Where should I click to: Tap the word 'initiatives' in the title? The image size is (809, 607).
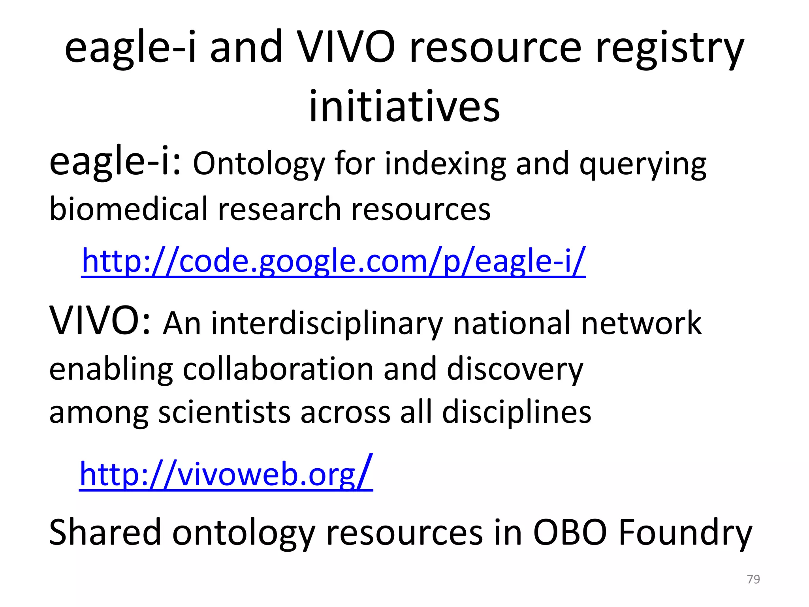(404, 106)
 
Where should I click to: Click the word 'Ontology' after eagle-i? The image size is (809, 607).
(258, 164)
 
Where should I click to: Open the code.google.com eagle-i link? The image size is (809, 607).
(333, 261)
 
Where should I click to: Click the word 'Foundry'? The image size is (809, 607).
(685, 533)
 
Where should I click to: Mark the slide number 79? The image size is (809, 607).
(753, 579)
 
